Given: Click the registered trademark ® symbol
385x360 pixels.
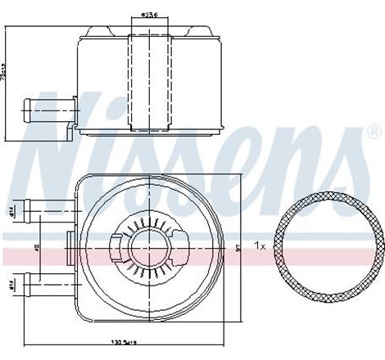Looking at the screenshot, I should click(374, 132).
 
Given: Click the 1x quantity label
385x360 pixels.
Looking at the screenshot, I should click(259, 245).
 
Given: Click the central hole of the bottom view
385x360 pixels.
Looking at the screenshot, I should click(149, 245).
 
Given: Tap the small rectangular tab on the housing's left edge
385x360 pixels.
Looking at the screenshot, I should click(70, 245).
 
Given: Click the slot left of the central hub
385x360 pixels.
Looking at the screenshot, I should click(117, 245).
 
